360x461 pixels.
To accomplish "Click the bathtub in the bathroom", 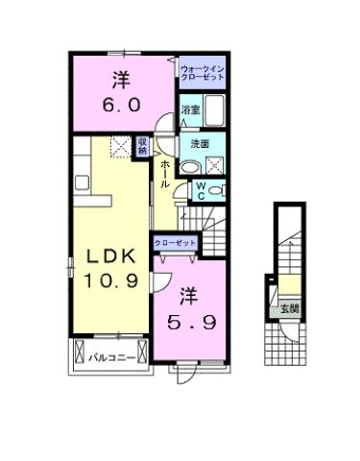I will click(214, 111).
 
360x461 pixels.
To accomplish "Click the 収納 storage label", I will click(142, 147).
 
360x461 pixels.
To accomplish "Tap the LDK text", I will click(111, 256).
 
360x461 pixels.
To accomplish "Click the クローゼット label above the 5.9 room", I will click(174, 244).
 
